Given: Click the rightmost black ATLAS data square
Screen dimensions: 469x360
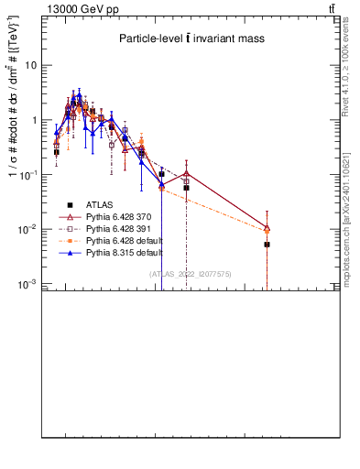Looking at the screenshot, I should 267,245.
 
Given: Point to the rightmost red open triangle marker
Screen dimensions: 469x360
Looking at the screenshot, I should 267,227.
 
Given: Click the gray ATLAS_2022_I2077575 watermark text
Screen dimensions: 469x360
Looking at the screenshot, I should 191,273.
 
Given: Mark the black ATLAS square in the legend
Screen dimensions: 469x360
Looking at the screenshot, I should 70,204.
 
